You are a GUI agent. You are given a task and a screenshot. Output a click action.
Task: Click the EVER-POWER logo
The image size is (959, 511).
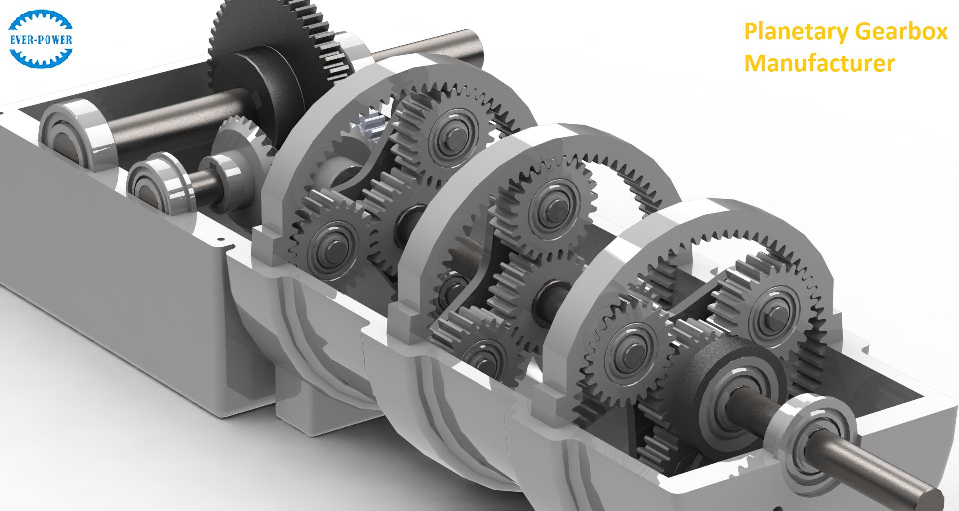point(41,38)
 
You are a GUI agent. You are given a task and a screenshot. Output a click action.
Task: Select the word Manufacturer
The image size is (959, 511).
point(819,63)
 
